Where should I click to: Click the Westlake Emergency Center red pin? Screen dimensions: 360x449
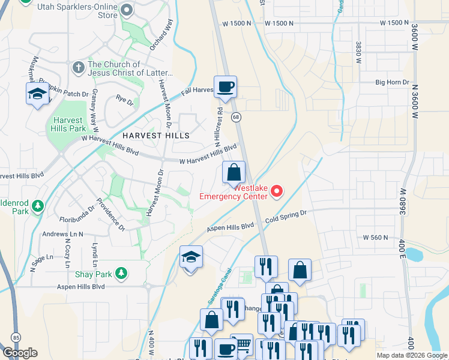point(277,191)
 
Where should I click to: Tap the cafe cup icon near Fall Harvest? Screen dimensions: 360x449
point(225,87)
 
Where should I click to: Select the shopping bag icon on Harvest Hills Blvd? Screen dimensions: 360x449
point(234,172)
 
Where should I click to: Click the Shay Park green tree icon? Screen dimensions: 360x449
point(121,273)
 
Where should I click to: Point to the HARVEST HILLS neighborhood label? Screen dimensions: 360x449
point(157,136)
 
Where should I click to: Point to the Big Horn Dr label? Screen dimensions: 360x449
point(392,82)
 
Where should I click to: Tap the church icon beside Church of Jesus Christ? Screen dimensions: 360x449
point(78,68)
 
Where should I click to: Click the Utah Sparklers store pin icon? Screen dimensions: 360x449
point(127,10)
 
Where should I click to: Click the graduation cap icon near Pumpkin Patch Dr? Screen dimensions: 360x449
point(37,94)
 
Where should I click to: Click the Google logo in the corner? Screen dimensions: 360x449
point(20,353)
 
